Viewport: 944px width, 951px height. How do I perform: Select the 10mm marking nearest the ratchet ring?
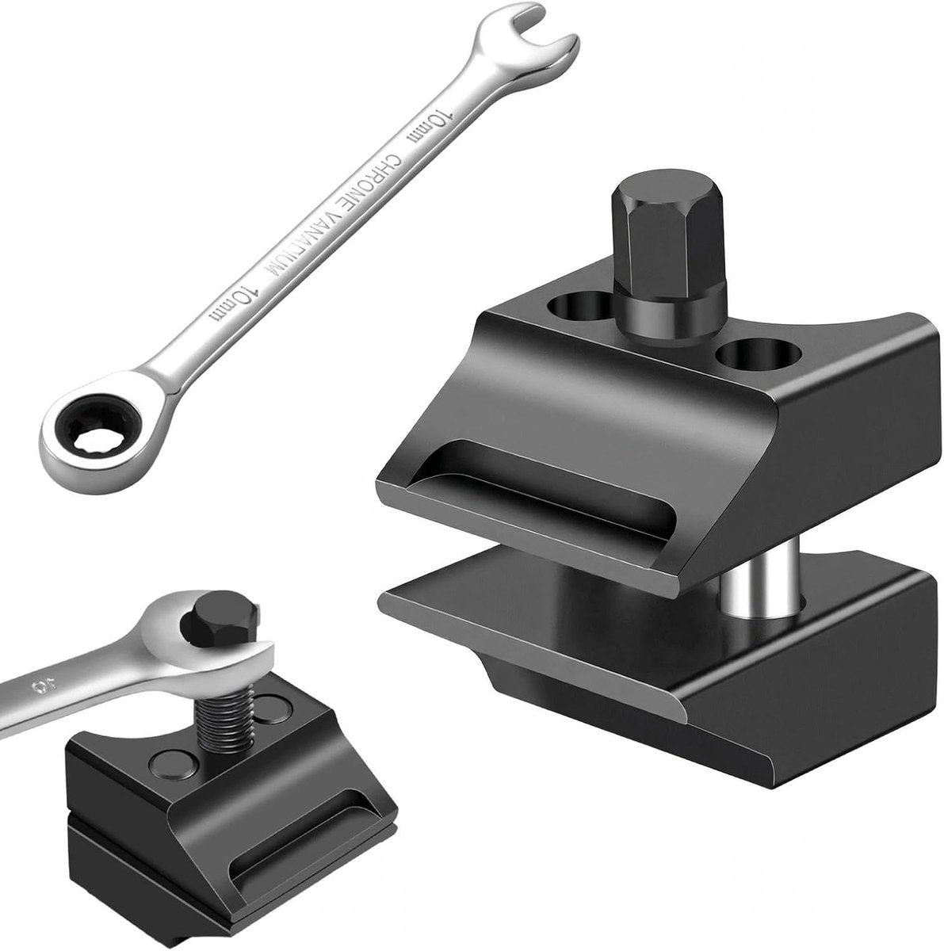click(x=232, y=305)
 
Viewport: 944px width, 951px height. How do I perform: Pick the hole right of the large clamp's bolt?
click(x=759, y=353)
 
